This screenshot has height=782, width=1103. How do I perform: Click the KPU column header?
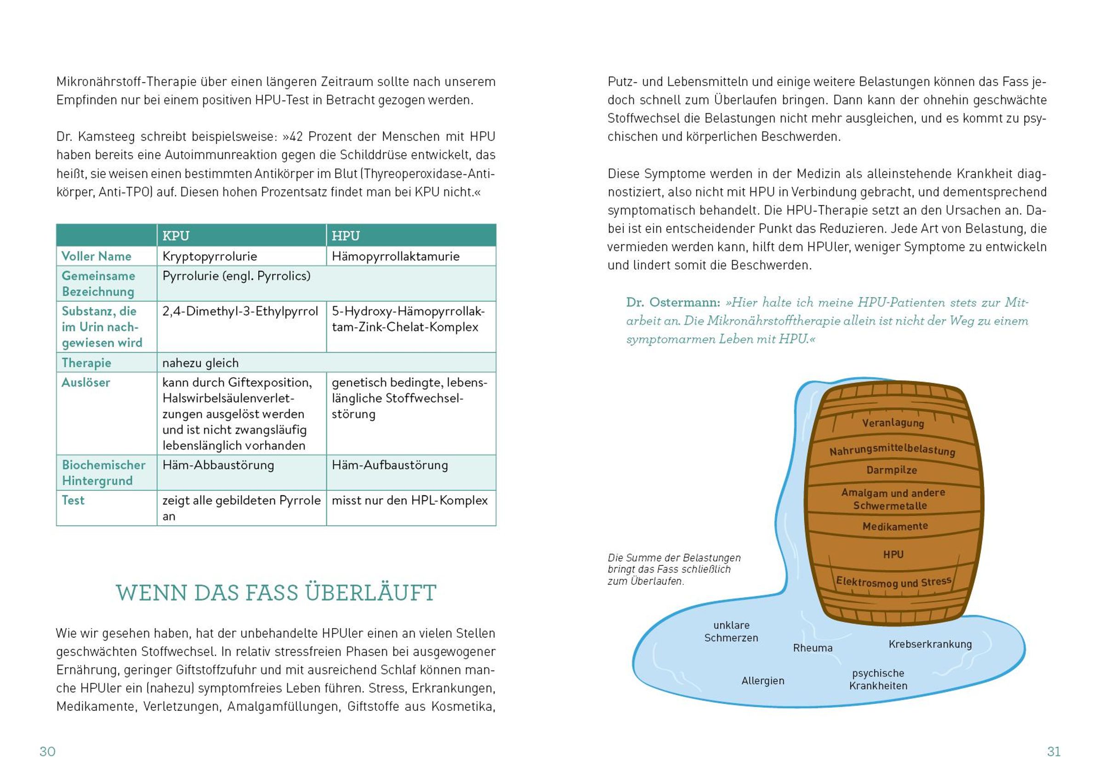pyautogui.click(x=176, y=236)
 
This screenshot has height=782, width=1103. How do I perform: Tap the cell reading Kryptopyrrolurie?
pyautogui.click(x=210, y=256)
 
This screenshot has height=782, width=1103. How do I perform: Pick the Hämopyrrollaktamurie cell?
pyautogui.click(x=395, y=256)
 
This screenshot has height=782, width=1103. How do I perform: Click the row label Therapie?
pyautogui.click(x=86, y=363)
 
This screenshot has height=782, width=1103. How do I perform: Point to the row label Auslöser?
pyautogui.click(x=86, y=383)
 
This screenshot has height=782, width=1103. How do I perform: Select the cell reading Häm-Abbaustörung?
pyautogui.click(x=218, y=465)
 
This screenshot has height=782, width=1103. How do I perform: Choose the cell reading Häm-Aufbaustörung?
pyautogui.click(x=389, y=465)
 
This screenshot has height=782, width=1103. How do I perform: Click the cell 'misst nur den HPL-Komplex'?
pyautogui.click(x=409, y=501)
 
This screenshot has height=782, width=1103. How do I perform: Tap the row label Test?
pyautogui.click(x=73, y=501)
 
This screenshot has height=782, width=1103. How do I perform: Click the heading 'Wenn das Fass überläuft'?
pyautogui.click(x=276, y=593)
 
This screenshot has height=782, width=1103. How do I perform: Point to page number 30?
pyautogui.click(x=47, y=751)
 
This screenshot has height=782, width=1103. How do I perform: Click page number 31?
pyautogui.click(x=1053, y=751)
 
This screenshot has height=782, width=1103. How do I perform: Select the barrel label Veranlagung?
pyautogui.click(x=893, y=423)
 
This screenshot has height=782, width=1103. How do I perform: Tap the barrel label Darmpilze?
pyautogui.click(x=892, y=470)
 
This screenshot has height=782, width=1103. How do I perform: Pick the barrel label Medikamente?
pyautogui.click(x=895, y=526)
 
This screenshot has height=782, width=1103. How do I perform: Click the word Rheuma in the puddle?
pyautogui.click(x=813, y=648)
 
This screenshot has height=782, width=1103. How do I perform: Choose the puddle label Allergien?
pyautogui.click(x=763, y=681)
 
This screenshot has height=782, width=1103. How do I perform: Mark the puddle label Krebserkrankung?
pyautogui.click(x=930, y=644)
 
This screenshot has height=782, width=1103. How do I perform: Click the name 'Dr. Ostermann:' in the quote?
pyautogui.click(x=673, y=303)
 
